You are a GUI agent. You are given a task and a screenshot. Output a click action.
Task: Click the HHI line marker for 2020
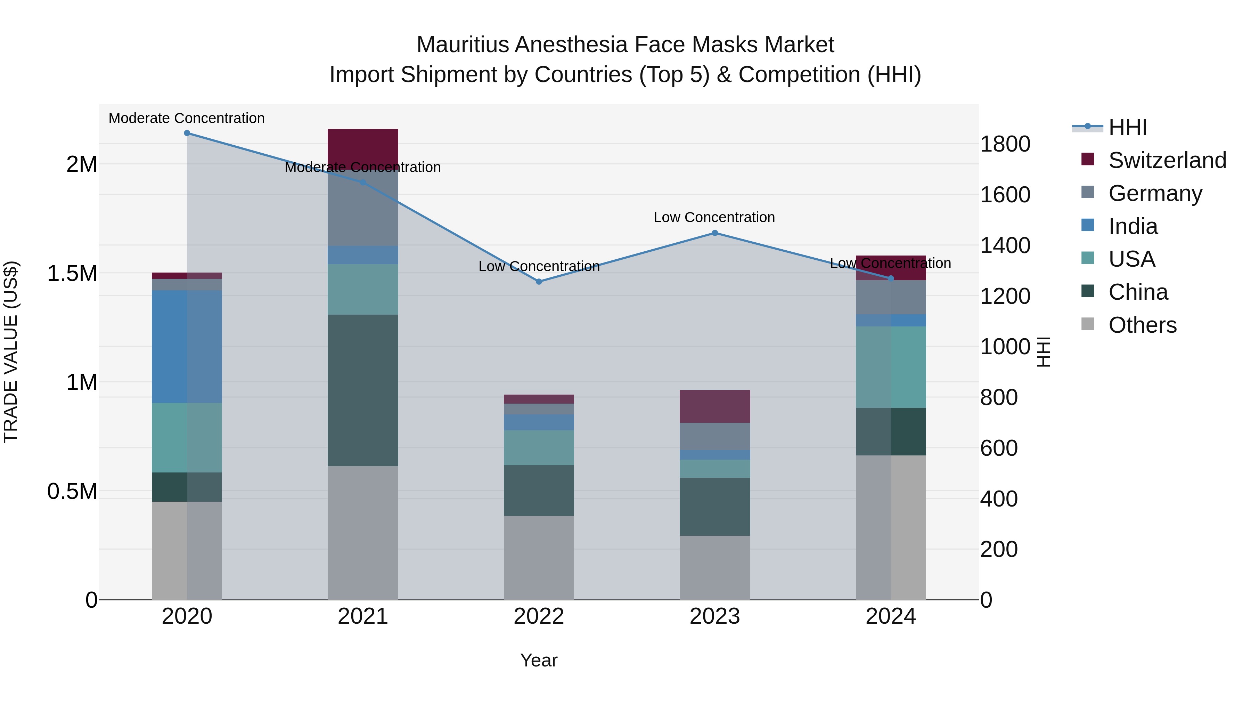[x=187, y=133]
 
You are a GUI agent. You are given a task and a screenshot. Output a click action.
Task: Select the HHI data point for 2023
[x=714, y=233]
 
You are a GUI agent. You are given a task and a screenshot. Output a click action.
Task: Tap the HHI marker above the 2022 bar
[x=539, y=282]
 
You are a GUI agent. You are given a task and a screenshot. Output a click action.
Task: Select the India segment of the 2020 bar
[x=187, y=346]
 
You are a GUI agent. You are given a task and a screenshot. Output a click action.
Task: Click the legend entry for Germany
[x=1155, y=193]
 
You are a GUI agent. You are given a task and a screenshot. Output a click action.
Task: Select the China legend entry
[x=1138, y=292]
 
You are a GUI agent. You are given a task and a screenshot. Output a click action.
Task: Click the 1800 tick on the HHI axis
[x=1005, y=144]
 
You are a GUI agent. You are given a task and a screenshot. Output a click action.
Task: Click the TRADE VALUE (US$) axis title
[x=11, y=352]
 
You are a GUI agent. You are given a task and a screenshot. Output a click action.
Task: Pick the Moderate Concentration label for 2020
[x=187, y=118]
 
